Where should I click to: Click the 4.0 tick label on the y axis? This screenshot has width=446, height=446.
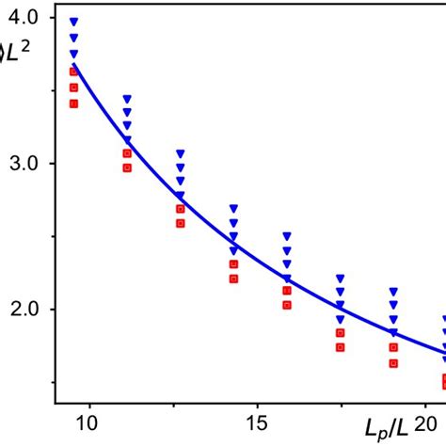[25, 18]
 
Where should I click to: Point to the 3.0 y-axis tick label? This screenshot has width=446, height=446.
[25, 164]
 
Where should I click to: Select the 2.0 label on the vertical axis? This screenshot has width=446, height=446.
[25, 310]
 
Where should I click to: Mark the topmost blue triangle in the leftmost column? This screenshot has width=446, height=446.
[73, 22]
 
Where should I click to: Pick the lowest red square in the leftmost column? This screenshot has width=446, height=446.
[73, 104]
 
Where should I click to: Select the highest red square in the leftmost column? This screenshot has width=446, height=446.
[73, 72]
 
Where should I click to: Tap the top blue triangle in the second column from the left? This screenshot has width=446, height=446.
[127, 99]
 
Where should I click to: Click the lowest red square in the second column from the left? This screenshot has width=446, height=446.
[127, 167]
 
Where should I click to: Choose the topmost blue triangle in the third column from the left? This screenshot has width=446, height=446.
[181, 153]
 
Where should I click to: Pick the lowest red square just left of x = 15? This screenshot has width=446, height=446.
[234, 279]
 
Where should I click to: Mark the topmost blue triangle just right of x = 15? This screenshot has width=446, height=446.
[287, 236]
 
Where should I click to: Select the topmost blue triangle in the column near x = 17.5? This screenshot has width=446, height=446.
[341, 279]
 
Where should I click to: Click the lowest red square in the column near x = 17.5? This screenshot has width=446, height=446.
[341, 347]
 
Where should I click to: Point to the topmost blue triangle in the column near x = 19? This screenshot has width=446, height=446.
[394, 292]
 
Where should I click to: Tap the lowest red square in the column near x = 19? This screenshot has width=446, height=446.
[394, 362]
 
